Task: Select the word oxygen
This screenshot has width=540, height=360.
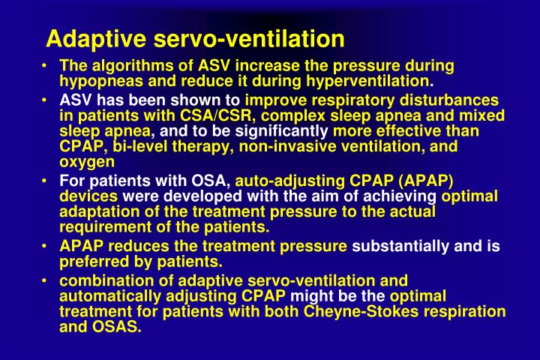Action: tap(87, 161)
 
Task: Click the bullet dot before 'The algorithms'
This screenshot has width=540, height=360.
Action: tap(47, 66)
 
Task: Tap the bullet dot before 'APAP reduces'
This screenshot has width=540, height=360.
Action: tap(47, 246)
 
